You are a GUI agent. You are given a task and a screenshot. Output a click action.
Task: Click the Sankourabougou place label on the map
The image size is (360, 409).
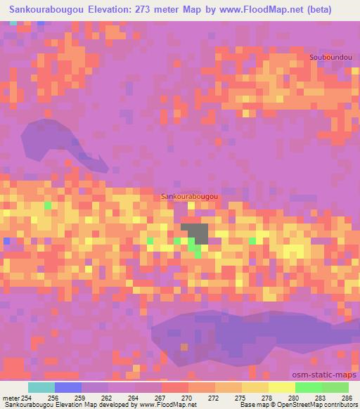190,198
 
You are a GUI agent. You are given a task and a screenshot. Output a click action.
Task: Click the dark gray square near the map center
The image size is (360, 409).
196,233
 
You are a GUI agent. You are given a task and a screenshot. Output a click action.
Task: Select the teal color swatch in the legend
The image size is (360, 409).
41,387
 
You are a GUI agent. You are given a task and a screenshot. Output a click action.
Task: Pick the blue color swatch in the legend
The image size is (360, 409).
68,387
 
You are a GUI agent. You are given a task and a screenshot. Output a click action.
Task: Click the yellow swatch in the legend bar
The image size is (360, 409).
281,387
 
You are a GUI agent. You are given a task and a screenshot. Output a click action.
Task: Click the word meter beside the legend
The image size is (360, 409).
11,398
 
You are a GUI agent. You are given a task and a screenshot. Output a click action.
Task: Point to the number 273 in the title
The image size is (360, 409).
139,10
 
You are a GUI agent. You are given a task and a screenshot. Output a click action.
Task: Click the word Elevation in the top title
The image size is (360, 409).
103,10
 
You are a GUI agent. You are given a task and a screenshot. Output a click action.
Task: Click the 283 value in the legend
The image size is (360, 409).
319,398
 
